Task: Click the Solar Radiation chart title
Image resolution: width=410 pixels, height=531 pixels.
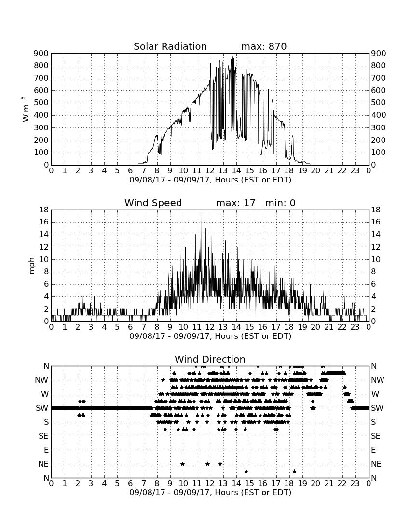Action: click(x=170, y=46)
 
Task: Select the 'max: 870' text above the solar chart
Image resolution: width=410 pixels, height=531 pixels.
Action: click(x=264, y=46)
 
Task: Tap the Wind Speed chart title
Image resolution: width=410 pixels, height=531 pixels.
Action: click(x=153, y=203)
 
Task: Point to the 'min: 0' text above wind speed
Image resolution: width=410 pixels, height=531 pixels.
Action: click(x=280, y=203)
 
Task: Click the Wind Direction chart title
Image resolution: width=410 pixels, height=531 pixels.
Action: click(x=210, y=359)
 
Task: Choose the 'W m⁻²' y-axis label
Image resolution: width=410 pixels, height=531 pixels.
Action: click(x=25, y=109)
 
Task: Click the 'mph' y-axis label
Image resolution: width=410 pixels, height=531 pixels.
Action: click(x=32, y=266)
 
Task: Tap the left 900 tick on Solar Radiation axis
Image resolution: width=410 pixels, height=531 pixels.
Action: click(x=41, y=54)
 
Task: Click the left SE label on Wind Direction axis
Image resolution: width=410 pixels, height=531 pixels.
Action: click(x=43, y=436)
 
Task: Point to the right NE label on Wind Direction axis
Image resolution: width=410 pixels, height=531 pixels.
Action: click(x=376, y=464)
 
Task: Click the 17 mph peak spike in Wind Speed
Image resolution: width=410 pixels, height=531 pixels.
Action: click(x=201, y=216)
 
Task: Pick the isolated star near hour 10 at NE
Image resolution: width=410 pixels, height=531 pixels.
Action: click(x=183, y=464)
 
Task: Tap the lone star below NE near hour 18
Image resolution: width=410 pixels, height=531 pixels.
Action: click(x=295, y=471)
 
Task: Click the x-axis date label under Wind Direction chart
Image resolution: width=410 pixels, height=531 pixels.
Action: click(x=210, y=492)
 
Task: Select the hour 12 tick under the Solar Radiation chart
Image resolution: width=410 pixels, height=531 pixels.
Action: click(x=210, y=170)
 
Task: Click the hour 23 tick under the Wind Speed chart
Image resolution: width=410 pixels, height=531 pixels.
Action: click(x=355, y=327)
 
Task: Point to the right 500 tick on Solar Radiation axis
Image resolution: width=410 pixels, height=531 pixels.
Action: click(x=379, y=103)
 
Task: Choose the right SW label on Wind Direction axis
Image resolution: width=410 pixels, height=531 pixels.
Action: click(x=377, y=408)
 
